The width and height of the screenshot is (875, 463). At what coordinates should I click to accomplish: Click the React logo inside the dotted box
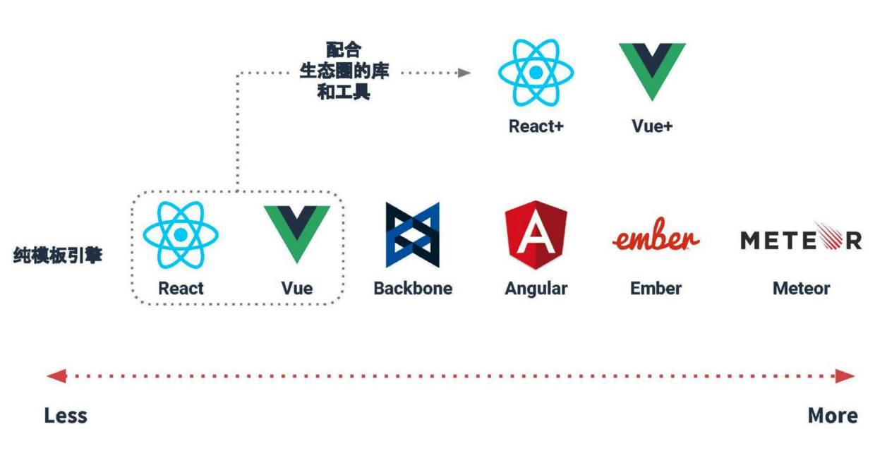click(181, 234)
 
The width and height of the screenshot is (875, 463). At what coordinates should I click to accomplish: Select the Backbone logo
click(413, 235)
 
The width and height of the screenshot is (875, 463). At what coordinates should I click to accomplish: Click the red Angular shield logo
click(536, 234)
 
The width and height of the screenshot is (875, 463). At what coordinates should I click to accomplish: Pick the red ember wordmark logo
click(656, 237)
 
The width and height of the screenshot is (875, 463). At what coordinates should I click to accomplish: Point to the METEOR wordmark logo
click(801, 239)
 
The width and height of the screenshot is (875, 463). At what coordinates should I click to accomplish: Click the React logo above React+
click(536, 73)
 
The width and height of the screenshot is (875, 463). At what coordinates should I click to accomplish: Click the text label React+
click(536, 127)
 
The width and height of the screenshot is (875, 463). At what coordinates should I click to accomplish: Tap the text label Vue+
click(652, 127)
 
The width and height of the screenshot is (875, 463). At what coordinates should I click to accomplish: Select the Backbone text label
click(413, 289)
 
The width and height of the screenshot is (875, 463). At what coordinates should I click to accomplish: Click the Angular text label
click(536, 289)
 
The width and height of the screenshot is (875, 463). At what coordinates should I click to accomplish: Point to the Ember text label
click(656, 289)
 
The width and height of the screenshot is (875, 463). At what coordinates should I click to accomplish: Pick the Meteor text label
click(801, 289)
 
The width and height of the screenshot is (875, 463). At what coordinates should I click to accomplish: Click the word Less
click(66, 416)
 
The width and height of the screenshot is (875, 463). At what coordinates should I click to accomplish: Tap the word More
click(833, 416)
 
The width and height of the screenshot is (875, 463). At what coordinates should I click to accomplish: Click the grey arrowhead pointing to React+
click(464, 73)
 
